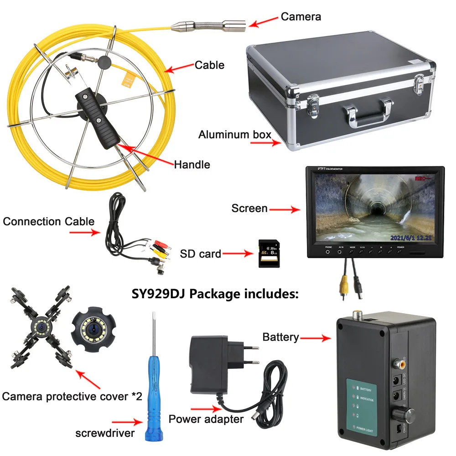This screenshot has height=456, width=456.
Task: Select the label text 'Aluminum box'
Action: (235, 135)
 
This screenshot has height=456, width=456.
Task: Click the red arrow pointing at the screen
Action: (284, 209)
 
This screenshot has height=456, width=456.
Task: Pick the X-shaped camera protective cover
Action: (40, 328)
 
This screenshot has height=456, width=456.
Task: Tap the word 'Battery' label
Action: (280, 337)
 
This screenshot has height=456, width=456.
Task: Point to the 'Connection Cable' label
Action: (49, 222)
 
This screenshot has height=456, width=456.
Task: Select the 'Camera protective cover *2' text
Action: (72, 396)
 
